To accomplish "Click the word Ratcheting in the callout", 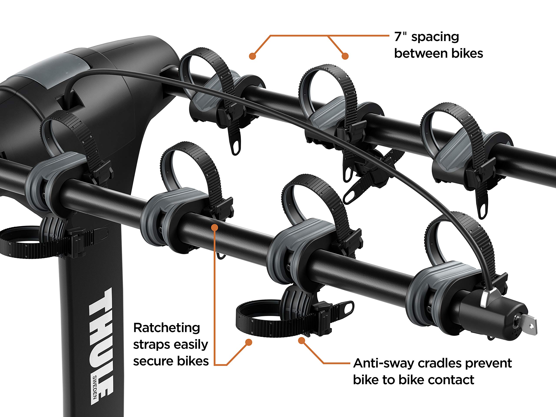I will pyautogui.click(x=167, y=328).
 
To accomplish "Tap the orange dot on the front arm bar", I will pyautogui.click(x=214, y=227).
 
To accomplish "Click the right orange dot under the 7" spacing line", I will pyautogui.click(x=345, y=56).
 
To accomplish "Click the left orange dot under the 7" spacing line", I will pyautogui.click(x=252, y=56).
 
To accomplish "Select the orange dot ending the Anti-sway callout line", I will pyautogui.click(x=302, y=341).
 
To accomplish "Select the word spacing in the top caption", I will pyautogui.click(x=435, y=37).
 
